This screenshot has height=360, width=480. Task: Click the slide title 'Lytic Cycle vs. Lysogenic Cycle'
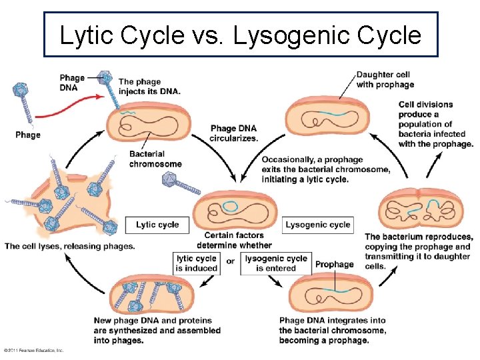pyautogui.click(x=240, y=35)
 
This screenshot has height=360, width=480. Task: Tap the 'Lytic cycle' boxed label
pyautogui.click(x=157, y=225)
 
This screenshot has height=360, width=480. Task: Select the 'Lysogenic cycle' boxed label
pyautogui.click(x=317, y=225)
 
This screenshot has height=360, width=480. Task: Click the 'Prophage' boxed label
pyautogui.click(x=334, y=265)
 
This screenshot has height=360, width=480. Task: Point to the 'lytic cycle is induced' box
pyautogui.click(x=196, y=263)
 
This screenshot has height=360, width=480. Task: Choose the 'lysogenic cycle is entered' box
pyautogui.click(x=276, y=263)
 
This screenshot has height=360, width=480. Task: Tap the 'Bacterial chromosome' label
pyautogui.click(x=155, y=159)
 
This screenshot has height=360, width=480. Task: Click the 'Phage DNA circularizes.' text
pyautogui.click(x=233, y=133)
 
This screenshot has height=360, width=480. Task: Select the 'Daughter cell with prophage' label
pyautogui.click(x=385, y=79)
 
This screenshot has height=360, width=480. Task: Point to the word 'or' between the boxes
pyautogui.click(x=230, y=261)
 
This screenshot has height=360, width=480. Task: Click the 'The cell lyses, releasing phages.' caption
pyautogui.click(x=69, y=246)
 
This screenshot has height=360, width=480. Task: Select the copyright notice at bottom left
pyautogui.click(x=33, y=350)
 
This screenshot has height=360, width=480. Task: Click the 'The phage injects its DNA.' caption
pyautogui.click(x=149, y=86)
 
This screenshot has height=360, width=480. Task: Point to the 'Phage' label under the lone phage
pyautogui.click(x=28, y=135)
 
